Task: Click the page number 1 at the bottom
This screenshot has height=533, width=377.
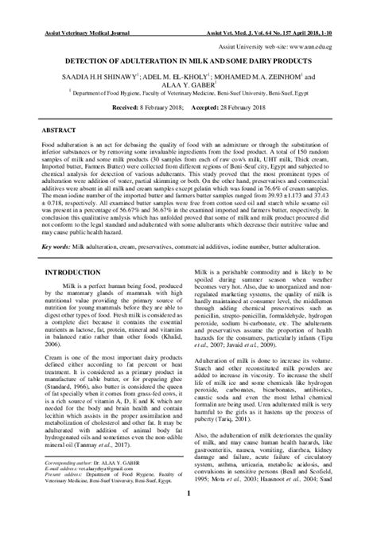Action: (188, 515)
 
